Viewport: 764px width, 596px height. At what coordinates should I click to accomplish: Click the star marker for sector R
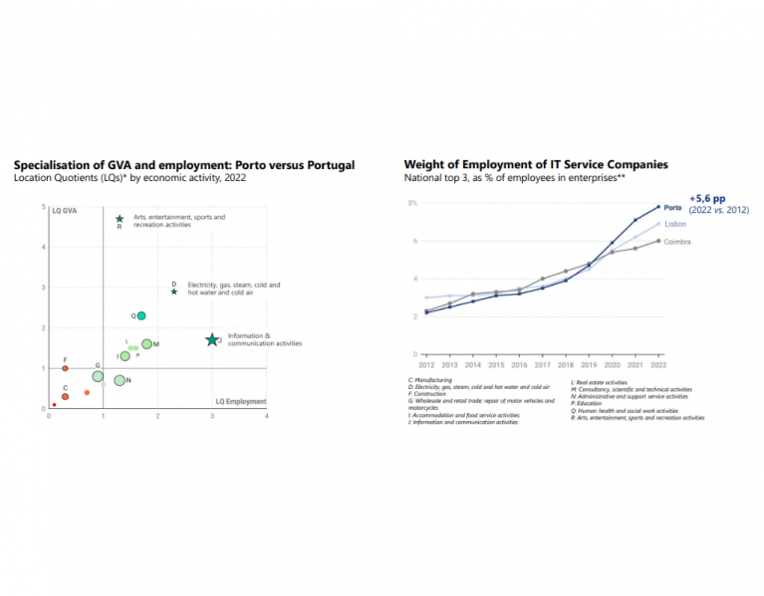click(x=120, y=219)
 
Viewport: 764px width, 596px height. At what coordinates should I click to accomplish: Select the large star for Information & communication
click(x=211, y=340)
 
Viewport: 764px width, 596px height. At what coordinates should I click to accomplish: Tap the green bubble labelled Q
click(x=141, y=315)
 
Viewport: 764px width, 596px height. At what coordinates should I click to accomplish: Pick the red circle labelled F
click(x=65, y=368)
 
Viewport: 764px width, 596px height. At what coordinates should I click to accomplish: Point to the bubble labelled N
click(x=120, y=380)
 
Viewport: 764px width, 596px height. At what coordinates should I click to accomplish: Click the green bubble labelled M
click(x=146, y=344)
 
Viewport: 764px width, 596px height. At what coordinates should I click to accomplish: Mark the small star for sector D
click(x=174, y=292)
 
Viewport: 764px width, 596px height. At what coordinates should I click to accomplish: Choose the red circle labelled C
click(x=65, y=396)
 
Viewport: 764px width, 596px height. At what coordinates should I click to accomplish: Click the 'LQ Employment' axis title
click(x=241, y=402)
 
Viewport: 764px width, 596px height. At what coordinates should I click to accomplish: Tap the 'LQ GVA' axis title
click(x=65, y=211)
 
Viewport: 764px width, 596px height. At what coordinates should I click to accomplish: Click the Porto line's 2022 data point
click(x=658, y=207)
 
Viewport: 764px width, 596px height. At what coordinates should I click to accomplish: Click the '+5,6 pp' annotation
click(x=707, y=198)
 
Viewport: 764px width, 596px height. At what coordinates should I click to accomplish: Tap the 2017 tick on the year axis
click(x=543, y=366)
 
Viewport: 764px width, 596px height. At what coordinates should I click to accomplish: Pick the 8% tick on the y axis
click(x=411, y=203)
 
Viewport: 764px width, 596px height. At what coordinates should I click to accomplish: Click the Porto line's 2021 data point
click(x=636, y=220)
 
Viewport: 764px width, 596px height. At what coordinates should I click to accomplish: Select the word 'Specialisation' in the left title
click(x=49, y=164)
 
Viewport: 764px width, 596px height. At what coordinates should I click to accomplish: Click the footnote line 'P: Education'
click(x=590, y=405)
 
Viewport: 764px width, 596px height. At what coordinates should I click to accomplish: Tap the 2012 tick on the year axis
click(x=426, y=366)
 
